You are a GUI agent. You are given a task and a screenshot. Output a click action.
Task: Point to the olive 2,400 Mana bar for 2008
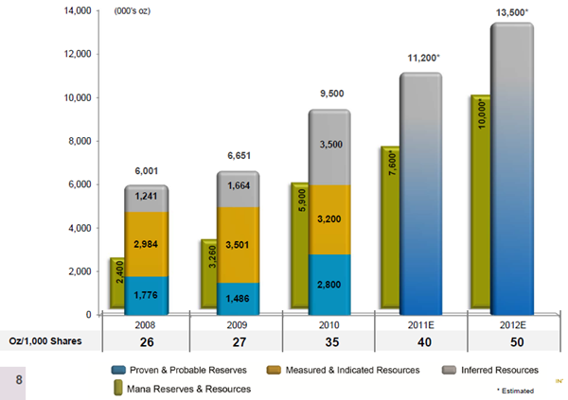[x=117, y=284]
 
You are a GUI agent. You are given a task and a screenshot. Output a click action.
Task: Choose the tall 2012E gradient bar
[x=511, y=170]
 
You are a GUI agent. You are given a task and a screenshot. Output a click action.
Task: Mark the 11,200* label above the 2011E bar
[x=422, y=58]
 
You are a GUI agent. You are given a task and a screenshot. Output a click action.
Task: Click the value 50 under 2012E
[x=512, y=340]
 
